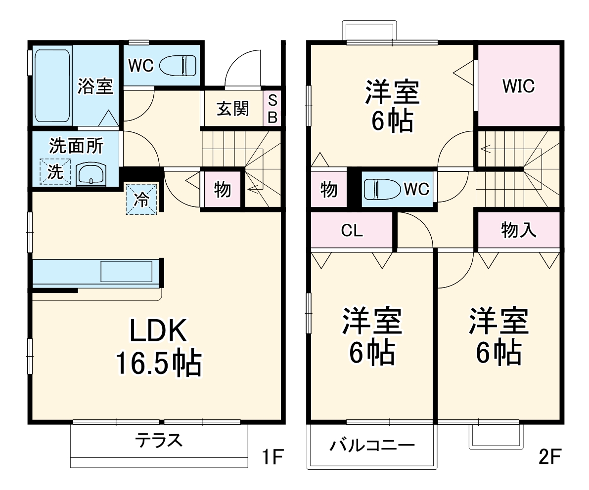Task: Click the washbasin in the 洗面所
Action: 91,173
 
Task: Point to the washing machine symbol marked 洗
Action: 55,171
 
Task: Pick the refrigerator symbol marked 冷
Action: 141,199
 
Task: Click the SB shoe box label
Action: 272,108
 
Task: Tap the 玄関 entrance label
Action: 232,108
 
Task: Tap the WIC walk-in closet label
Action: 518,86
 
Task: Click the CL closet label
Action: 352,231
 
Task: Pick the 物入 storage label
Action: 518,230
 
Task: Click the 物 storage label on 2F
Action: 328,189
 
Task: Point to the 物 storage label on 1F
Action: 222,189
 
